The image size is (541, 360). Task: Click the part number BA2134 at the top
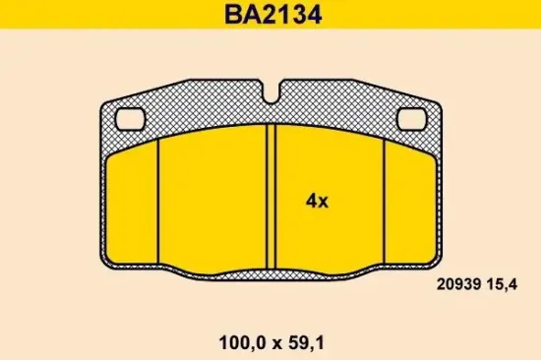click(x=270, y=16)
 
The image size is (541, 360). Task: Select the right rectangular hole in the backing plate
click(x=411, y=119)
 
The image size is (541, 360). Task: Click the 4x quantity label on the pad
click(x=317, y=201)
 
